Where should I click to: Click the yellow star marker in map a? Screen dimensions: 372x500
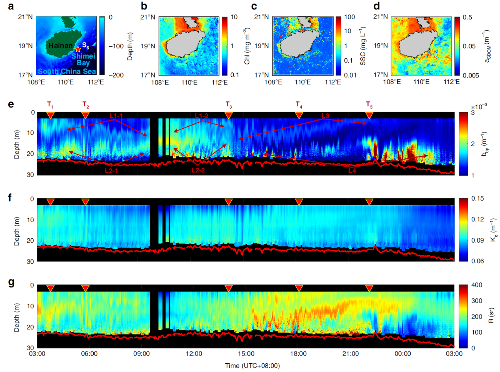tap(78, 49)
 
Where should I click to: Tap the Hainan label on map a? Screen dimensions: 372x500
tap(60, 46)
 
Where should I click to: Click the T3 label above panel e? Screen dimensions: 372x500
tap(229, 105)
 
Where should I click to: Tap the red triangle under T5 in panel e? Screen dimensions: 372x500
tap(369, 115)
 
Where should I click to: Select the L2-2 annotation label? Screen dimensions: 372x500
tap(199, 171)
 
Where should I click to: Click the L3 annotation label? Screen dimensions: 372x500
tap(325, 116)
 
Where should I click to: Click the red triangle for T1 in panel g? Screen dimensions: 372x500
tap(50, 288)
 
